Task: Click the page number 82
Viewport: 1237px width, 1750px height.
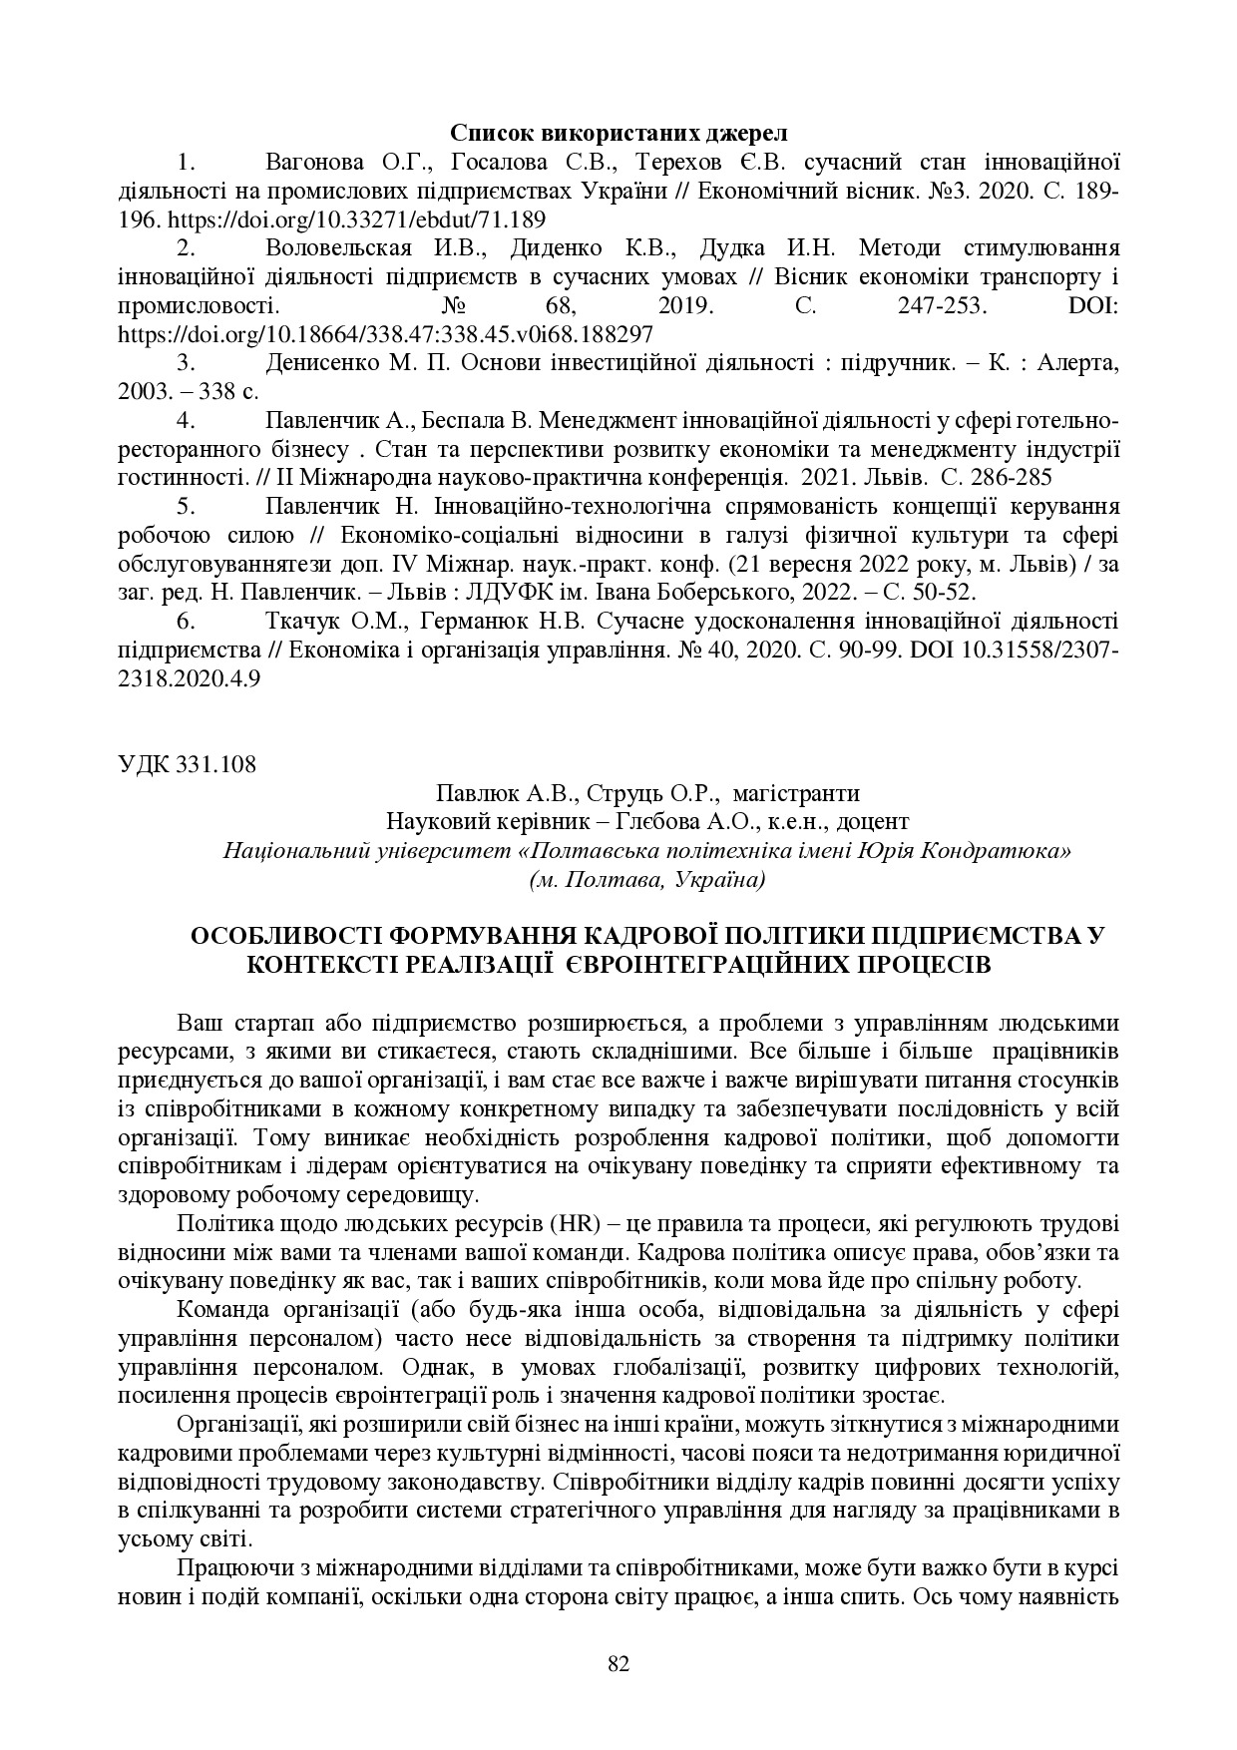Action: (x=618, y=1663)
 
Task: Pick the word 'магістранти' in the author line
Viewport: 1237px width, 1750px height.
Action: (x=795, y=794)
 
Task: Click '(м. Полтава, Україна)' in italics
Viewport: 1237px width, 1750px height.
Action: (x=647, y=880)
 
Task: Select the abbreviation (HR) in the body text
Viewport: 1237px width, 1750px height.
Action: (x=572, y=1224)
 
